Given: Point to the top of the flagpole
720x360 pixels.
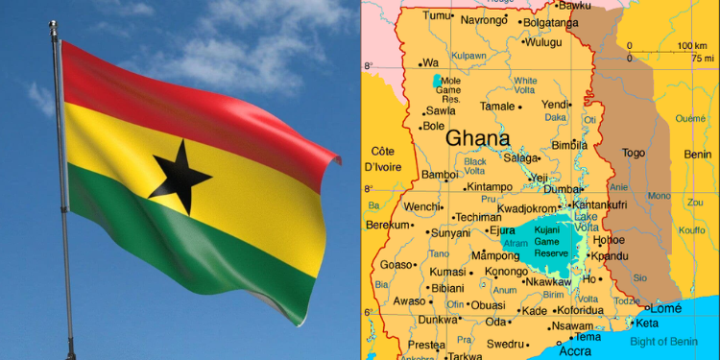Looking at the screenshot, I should click(x=54, y=30).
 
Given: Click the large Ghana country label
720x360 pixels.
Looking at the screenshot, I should click(x=477, y=138).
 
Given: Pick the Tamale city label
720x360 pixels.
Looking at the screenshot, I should click(x=497, y=107).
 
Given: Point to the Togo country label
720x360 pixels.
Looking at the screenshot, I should click(x=634, y=153).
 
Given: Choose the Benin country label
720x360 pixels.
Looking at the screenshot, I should click(x=697, y=154).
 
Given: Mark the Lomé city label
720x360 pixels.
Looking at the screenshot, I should click(x=665, y=308).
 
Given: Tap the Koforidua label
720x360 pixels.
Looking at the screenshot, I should click(x=581, y=310).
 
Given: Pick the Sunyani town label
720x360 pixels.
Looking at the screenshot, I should click(x=450, y=232).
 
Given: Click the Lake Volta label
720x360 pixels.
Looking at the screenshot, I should click(x=586, y=223).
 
